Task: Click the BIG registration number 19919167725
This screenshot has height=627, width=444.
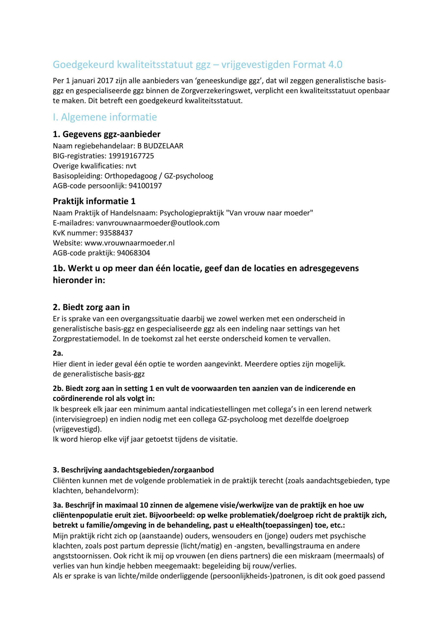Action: (x=131, y=156)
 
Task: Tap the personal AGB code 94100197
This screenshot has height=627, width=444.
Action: (x=145, y=186)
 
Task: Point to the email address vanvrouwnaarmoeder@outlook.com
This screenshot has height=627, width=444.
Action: (x=158, y=223)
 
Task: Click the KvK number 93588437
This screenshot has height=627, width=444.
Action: (x=116, y=233)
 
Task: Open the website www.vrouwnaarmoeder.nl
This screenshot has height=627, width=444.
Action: (x=130, y=243)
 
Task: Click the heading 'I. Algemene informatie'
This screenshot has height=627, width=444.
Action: (x=105, y=117)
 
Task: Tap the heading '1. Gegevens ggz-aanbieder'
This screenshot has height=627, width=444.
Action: (x=107, y=134)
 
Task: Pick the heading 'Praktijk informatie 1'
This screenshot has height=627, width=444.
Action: (x=94, y=202)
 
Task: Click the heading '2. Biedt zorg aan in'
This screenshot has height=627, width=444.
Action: (x=91, y=307)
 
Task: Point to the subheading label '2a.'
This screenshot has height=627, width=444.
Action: (x=58, y=353)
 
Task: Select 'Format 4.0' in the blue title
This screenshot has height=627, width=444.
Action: (x=317, y=65)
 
